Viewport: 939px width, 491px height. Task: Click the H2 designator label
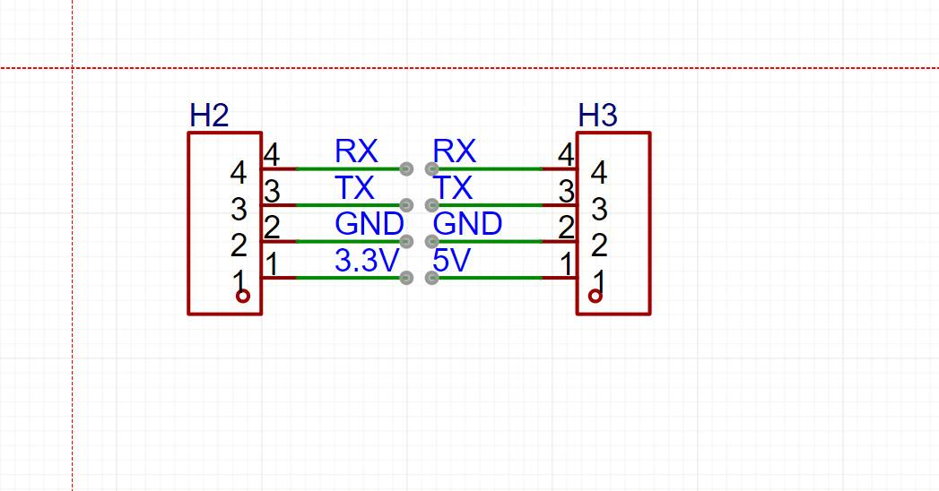tap(209, 115)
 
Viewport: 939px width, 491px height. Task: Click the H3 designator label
tap(597, 115)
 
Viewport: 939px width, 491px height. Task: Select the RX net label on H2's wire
tap(356, 151)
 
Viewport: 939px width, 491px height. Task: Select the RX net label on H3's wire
tap(454, 151)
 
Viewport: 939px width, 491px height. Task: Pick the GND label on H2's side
tap(369, 223)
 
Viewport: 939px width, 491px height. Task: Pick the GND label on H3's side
tap(467, 223)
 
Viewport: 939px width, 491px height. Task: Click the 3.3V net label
tap(365, 261)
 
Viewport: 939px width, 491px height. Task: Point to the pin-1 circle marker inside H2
tap(242, 297)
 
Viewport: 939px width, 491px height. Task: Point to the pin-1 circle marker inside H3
tap(595, 297)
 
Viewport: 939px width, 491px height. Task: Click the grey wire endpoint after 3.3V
tap(406, 278)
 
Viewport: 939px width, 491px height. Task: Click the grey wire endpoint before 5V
tap(432, 278)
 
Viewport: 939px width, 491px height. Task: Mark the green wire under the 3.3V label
tap(350, 278)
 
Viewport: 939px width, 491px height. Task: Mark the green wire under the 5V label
tap(489, 278)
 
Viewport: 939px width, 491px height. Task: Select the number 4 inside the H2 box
tap(239, 170)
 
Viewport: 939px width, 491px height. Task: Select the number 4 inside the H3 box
tap(599, 170)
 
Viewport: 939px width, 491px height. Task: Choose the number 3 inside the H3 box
tap(599, 208)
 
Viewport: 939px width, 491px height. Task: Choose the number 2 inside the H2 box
tap(239, 245)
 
